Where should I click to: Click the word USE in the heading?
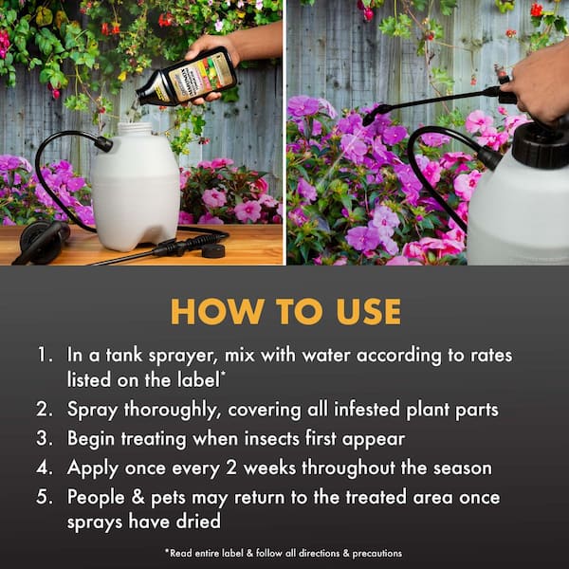[368, 311]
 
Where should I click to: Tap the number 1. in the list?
[46, 354]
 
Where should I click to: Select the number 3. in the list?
[45, 438]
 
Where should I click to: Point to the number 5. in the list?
[45, 496]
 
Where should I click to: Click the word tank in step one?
[123, 354]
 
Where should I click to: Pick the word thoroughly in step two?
[173, 410]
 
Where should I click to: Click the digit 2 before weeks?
[231, 468]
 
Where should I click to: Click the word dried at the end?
[198, 521]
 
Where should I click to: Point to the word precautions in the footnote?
[377, 554]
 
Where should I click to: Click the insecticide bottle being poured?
[187, 78]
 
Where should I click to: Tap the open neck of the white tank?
[136, 128]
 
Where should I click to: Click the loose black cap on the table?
[212, 250]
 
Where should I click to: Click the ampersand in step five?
[138, 496]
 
